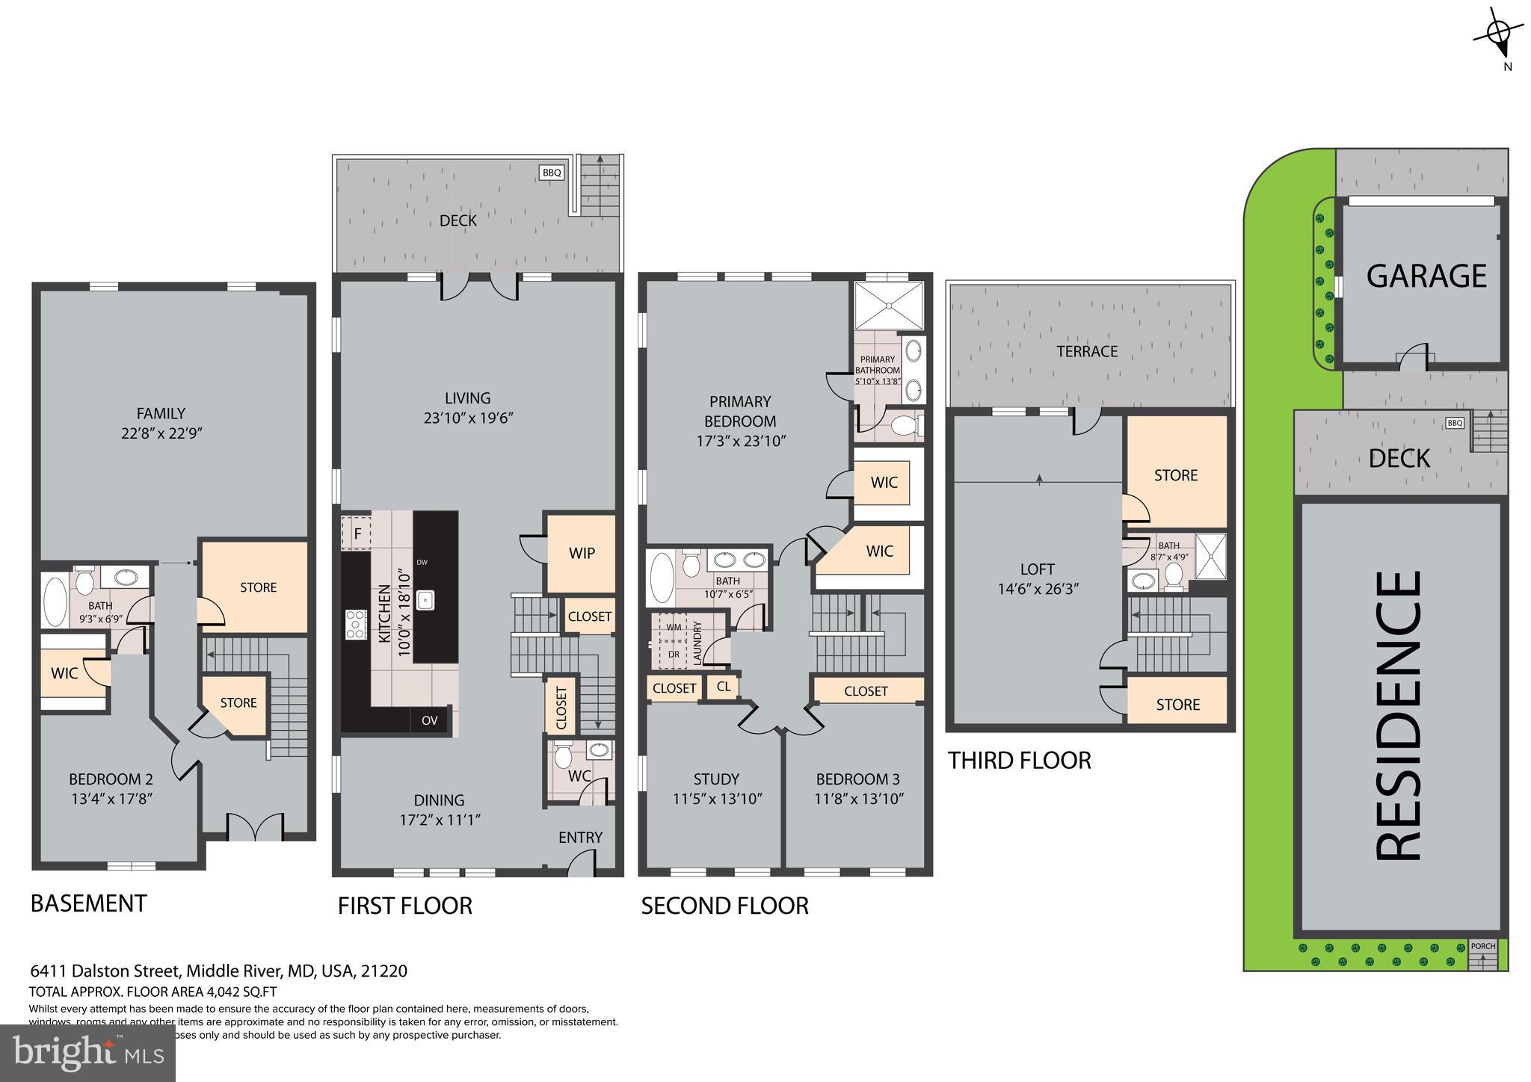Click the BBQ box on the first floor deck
[551, 173]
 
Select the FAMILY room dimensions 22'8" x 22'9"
[161, 433]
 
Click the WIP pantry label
[582, 553]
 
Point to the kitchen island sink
[425, 599]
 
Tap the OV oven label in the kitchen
[428, 720]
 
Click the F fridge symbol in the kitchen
[357, 534]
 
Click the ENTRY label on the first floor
[580, 838]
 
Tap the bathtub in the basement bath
[55, 601]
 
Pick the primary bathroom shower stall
[888, 305]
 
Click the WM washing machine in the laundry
[674, 627]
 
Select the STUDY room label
[715, 779]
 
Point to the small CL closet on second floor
[723, 686]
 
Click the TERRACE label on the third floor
[1086, 351]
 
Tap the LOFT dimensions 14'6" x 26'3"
[1038, 589]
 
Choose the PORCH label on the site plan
[1482, 946]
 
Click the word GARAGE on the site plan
[1426, 276]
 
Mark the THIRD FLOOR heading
[1019, 761]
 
